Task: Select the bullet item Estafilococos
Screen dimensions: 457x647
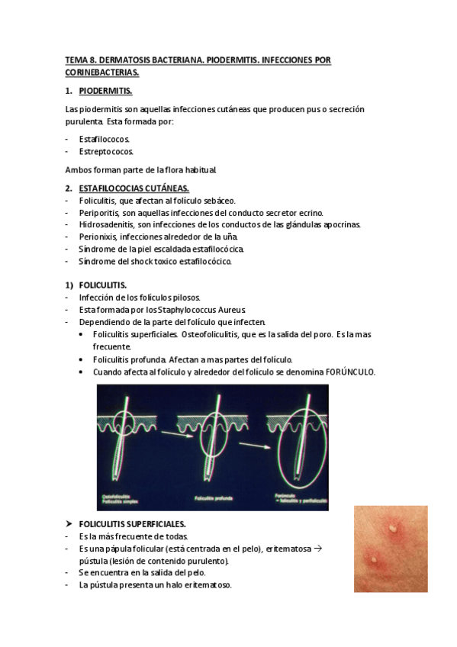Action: coord(105,139)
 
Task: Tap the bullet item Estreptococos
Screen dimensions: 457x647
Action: coord(106,152)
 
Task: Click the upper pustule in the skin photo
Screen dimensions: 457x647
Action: coord(393,526)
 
